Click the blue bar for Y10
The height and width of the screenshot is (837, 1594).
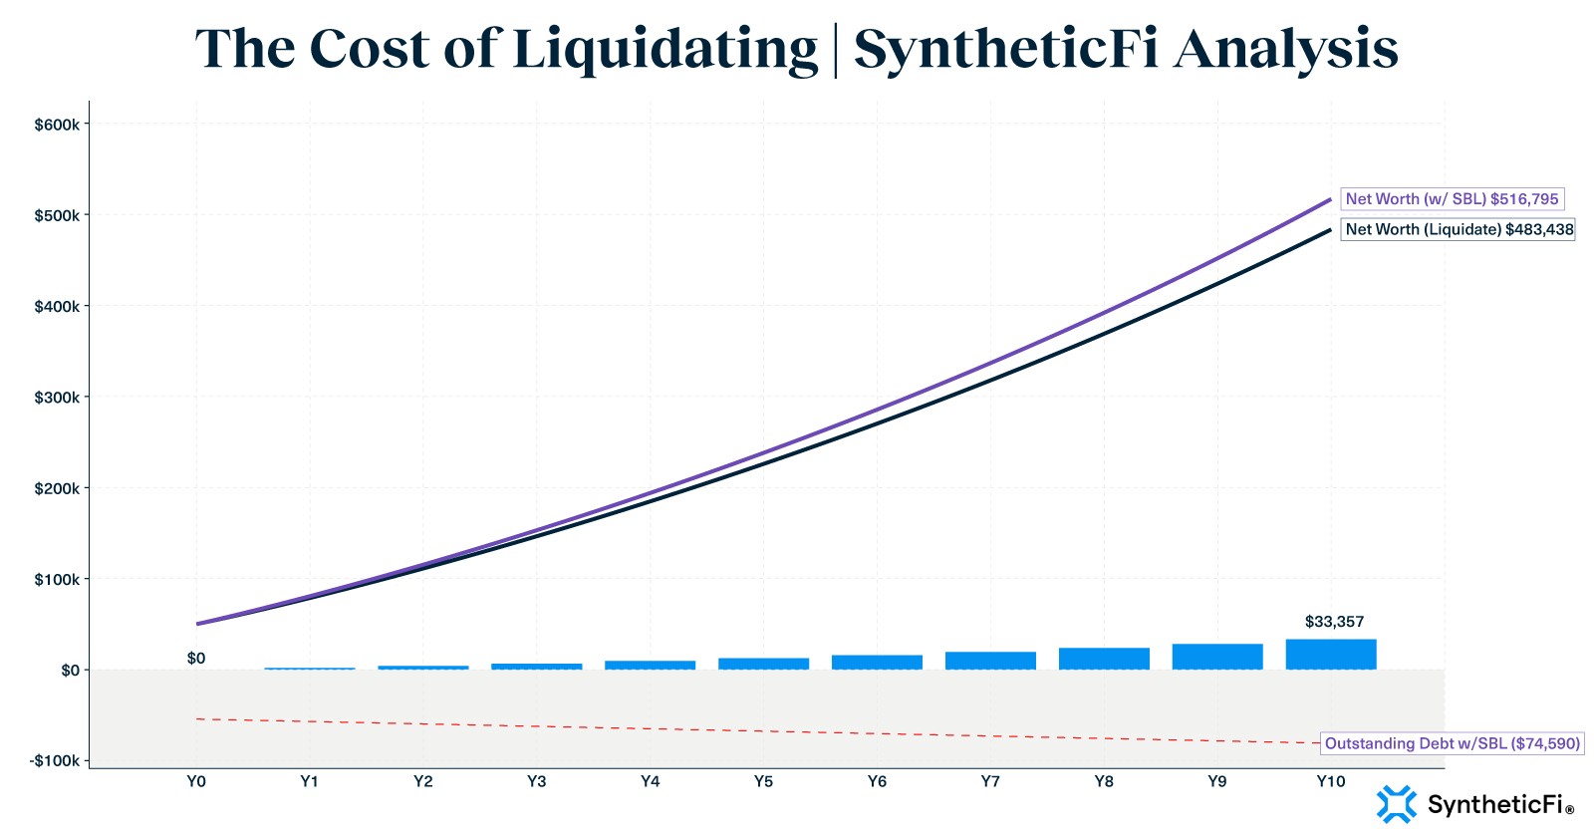1331,654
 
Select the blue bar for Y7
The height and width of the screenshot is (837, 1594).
990,660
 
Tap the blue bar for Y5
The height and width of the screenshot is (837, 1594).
763,663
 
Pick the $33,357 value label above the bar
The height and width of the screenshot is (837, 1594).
1334,622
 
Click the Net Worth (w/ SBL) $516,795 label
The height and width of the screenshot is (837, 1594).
1452,199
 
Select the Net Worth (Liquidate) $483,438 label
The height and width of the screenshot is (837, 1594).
1459,229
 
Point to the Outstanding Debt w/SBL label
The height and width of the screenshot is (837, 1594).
1452,743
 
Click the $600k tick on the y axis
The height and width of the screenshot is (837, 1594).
57,125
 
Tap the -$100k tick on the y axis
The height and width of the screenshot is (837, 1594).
55,760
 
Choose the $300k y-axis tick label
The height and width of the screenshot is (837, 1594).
57,398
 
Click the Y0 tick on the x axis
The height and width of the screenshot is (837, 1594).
196,781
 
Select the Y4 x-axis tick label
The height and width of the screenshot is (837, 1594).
650,781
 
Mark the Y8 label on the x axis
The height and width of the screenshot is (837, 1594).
1104,781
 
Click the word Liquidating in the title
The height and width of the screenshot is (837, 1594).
664,50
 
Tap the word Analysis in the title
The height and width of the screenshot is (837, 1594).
1285,50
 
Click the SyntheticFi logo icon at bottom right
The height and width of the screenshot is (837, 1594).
1396,804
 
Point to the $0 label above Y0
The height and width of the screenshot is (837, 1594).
196,659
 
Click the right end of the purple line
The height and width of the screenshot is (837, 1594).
1329,200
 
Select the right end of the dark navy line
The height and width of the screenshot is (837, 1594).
1329,230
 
